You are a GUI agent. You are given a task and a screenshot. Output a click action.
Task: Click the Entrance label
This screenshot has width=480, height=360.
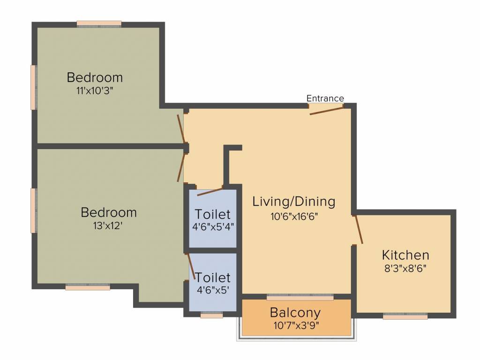coord(325,98)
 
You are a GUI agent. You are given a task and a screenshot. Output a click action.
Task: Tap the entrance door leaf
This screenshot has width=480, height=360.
coord(327,110)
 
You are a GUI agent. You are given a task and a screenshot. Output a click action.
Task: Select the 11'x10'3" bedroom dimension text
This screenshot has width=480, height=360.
coord(95,90)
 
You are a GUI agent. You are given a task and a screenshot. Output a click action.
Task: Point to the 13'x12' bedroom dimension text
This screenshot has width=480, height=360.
coord(108,225)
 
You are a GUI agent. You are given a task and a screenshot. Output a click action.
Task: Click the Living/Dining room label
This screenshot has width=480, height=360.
coord(294,202)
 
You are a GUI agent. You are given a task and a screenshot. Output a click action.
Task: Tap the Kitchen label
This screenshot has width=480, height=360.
coord(405,255)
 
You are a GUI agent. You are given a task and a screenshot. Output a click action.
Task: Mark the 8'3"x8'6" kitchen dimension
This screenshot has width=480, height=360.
coord(405,269)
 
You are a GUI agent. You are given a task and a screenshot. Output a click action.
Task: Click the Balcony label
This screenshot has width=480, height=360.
coord(295,312)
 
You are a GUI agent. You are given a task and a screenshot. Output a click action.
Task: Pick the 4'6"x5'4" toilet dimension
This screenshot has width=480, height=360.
coord(213,227)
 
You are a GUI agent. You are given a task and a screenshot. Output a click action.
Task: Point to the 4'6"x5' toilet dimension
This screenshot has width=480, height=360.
coord(213,290)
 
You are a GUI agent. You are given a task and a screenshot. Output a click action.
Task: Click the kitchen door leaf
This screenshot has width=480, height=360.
coord(358,230)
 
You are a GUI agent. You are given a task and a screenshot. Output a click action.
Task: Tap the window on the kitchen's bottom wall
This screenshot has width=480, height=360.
coord(405,317)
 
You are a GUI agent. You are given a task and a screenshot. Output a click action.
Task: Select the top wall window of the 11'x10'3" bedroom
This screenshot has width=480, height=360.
coord(99,23)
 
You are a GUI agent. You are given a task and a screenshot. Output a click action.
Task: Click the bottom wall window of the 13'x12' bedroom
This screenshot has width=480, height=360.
coord(88,287)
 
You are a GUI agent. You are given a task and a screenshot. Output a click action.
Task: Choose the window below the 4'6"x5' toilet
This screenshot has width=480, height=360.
coord(211,315)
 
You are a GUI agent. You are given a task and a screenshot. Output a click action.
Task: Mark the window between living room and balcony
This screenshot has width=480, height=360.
coord(300,297)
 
